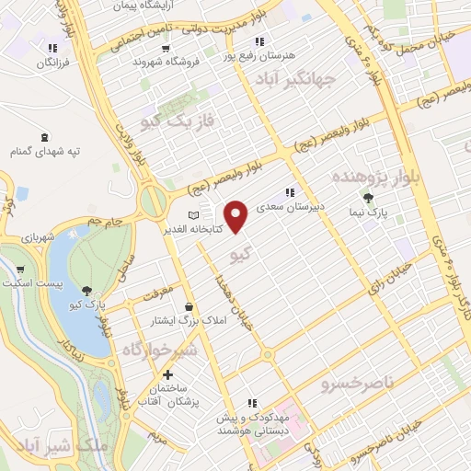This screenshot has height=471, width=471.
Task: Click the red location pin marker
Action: tap(238, 217)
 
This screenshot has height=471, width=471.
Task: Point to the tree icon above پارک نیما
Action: tap(369, 198)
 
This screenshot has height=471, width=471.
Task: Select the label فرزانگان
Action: tap(52, 63)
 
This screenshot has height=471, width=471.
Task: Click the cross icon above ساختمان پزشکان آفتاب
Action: tap(167, 374)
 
